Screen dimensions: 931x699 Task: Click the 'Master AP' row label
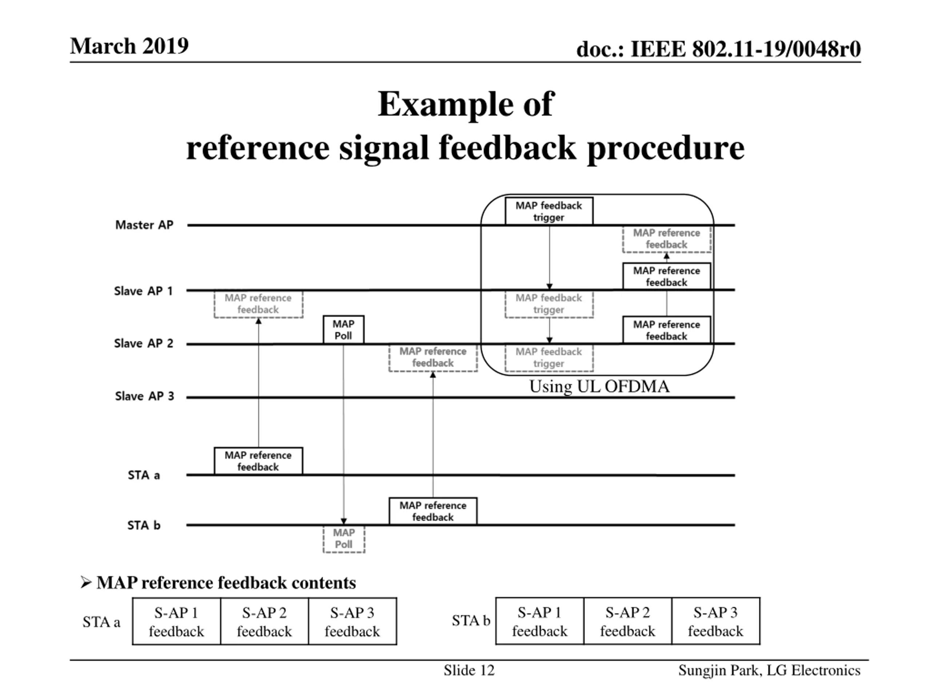pyautogui.click(x=144, y=225)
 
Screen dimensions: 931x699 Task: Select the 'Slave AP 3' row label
pyautogui.click(x=144, y=396)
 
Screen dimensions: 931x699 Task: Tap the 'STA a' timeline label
pyautogui.click(x=144, y=475)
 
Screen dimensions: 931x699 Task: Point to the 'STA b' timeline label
pyautogui.click(x=144, y=525)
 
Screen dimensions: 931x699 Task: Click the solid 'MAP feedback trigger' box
pyautogui.click(x=549, y=211)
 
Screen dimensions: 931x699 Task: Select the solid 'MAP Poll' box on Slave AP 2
pyautogui.click(x=343, y=329)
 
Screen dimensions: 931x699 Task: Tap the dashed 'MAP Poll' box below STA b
pyautogui.click(x=344, y=538)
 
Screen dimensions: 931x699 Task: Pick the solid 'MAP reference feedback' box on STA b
pyautogui.click(x=433, y=511)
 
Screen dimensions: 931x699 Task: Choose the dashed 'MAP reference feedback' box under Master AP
pyautogui.click(x=667, y=239)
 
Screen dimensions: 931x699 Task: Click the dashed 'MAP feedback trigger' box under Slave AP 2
pyautogui.click(x=549, y=358)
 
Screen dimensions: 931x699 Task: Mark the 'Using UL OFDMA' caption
pyautogui.click(x=599, y=386)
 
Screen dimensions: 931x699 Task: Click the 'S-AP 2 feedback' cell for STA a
pyautogui.click(x=264, y=621)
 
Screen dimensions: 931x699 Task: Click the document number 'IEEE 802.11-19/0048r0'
pyautogui.click(x=746, y=49)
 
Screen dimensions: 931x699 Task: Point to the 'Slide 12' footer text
pyautogui.click(x=469, y=670)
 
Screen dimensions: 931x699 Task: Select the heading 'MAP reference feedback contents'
pyautogui.click(x=226, y=583)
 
